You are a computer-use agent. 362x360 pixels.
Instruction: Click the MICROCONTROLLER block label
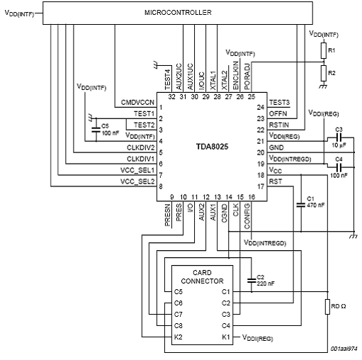(178, 12)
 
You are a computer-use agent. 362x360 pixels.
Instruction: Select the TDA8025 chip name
(212, 147)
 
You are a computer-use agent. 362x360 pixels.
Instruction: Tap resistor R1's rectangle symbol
(324, 51)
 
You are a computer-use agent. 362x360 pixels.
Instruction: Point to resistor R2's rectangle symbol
(324, 74)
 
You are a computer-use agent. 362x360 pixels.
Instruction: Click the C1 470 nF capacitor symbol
(301, 205)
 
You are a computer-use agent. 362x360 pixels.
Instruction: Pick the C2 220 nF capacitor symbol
(251, 281)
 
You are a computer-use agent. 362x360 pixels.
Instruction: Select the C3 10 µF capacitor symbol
(339, 137)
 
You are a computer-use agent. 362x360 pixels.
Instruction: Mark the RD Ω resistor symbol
(327, 307)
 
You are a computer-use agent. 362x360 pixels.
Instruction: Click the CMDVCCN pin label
(137, 103)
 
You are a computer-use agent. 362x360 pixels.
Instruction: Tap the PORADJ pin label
(247, 77)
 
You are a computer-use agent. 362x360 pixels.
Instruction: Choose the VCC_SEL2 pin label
(137, 181)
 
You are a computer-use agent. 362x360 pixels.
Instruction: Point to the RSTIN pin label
(279, 125)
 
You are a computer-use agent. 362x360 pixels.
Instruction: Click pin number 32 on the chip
(172, 97)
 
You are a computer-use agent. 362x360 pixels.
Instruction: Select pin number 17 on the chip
(261, 186)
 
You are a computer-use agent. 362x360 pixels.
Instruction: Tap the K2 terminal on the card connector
(179, 337)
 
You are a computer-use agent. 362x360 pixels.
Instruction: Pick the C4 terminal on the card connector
(226, 326)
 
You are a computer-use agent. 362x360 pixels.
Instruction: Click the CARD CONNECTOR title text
(202, 277)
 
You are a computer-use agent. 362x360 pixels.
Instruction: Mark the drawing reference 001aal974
(344, 349)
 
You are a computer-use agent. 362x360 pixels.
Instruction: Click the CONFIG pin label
(247, 216)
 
